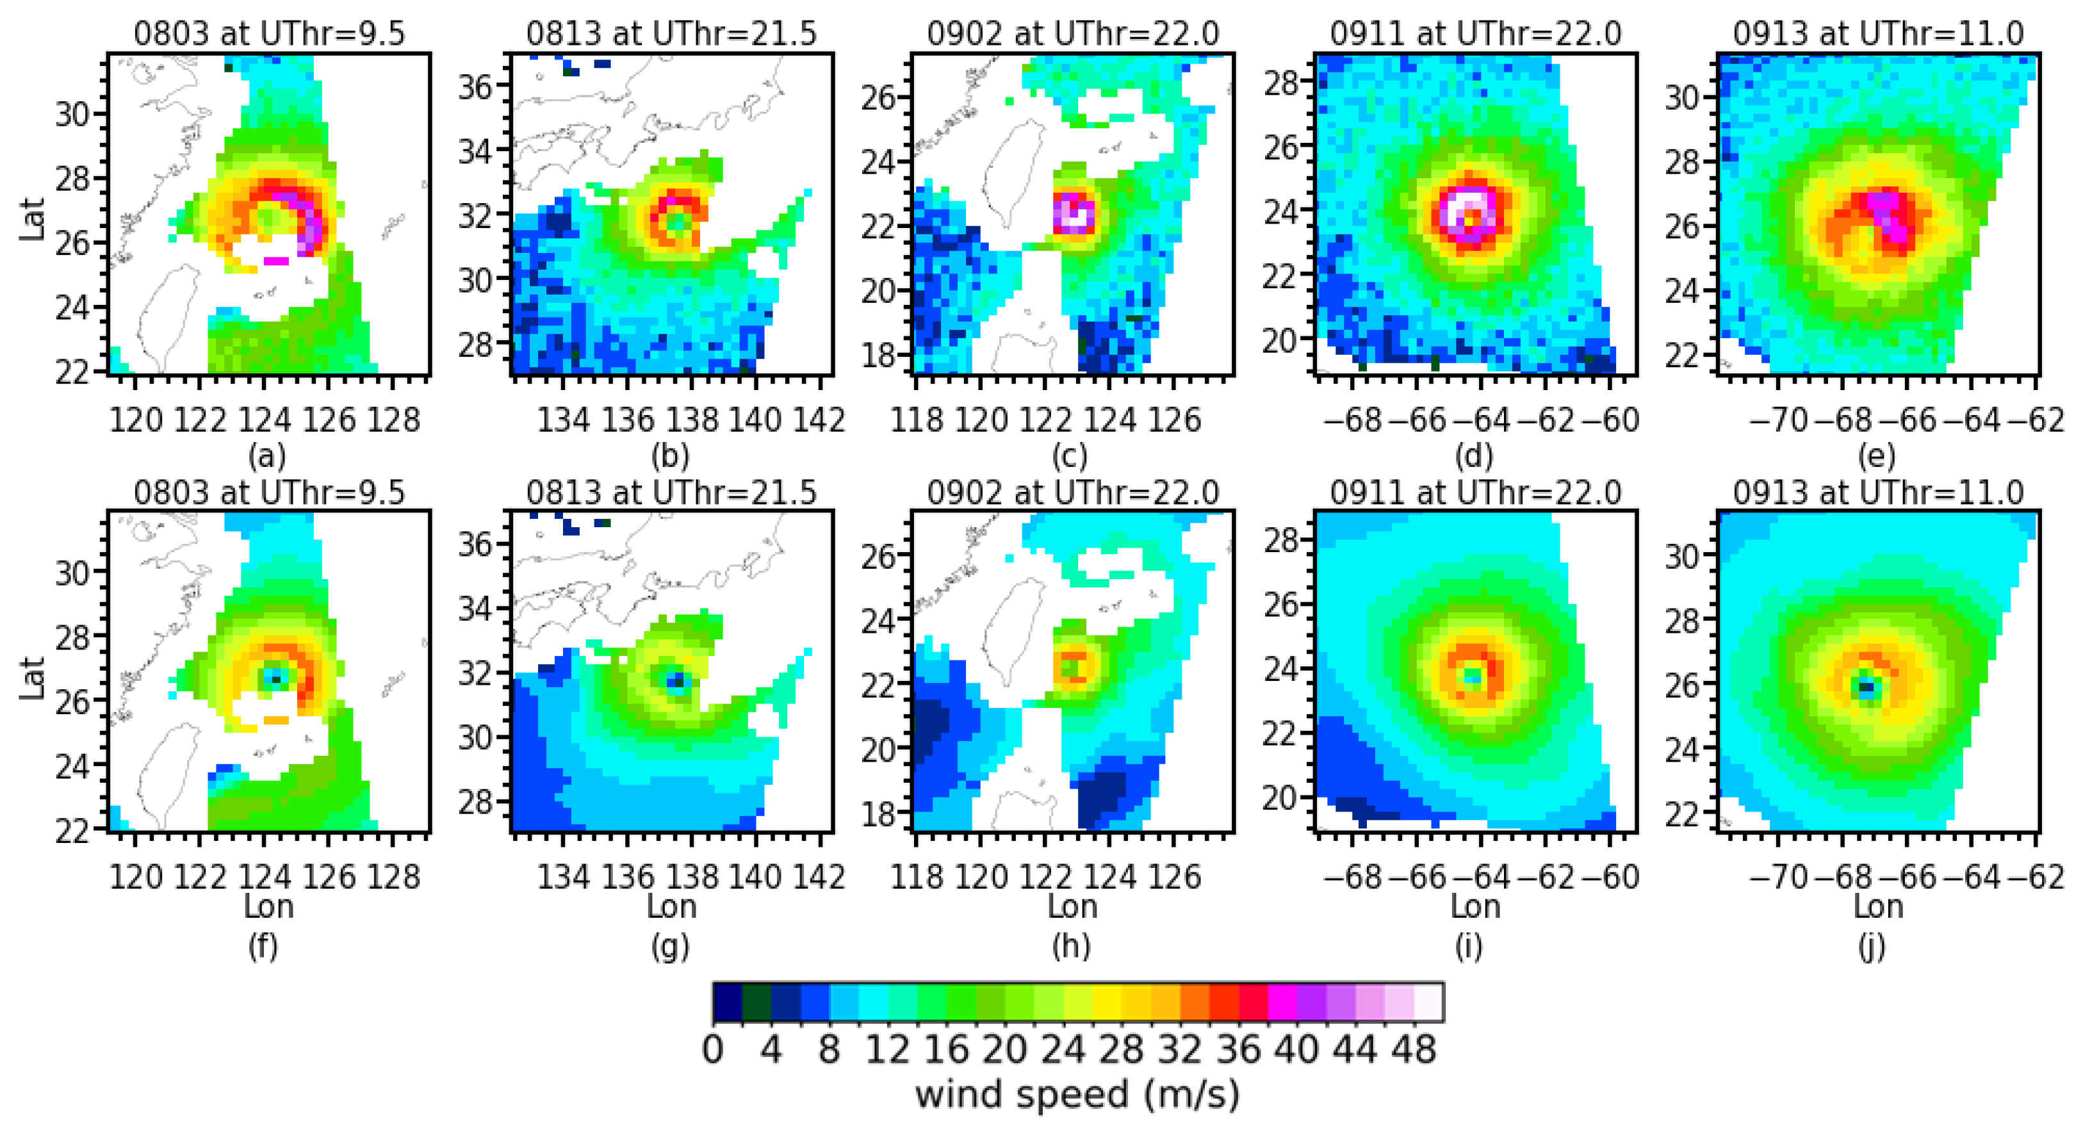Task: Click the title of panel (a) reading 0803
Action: click(268, 34)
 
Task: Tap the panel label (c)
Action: click(1069, 457)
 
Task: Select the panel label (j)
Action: click(1871, 946)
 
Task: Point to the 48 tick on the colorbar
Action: click(1414, 1050)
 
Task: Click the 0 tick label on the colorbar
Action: click(713, 1050)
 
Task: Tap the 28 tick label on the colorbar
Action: click(1121, 1050)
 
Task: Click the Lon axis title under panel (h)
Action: click(1072, 906)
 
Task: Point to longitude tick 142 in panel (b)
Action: click(820, 420)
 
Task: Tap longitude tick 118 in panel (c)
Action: click(916, 420)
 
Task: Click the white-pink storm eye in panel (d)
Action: click(1471, 212)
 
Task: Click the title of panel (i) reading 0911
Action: click(1476, 493)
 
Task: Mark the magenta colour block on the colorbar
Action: click(1282, 1002)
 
